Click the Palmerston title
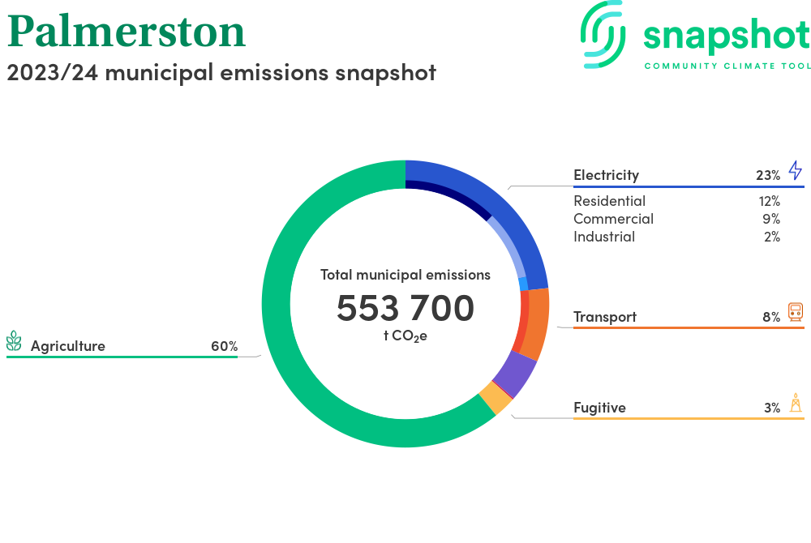tap(127, 32)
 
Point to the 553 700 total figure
tap(405, 308)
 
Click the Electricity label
tap(606, 175)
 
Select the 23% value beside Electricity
tap(768, 175)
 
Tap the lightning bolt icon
tap(795, 170)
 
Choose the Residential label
tap(610, 201)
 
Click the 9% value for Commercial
tap(771, 219)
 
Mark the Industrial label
tap(604, 237)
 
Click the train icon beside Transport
tap(796, 312)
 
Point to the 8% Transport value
tap(771, 317)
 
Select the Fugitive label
tap(599, 408)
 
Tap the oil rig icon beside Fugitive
tap(796, 403)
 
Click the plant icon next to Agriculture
tap(14, 341)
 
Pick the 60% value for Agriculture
tap(225, 346)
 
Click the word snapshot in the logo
tap(726, 36)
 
